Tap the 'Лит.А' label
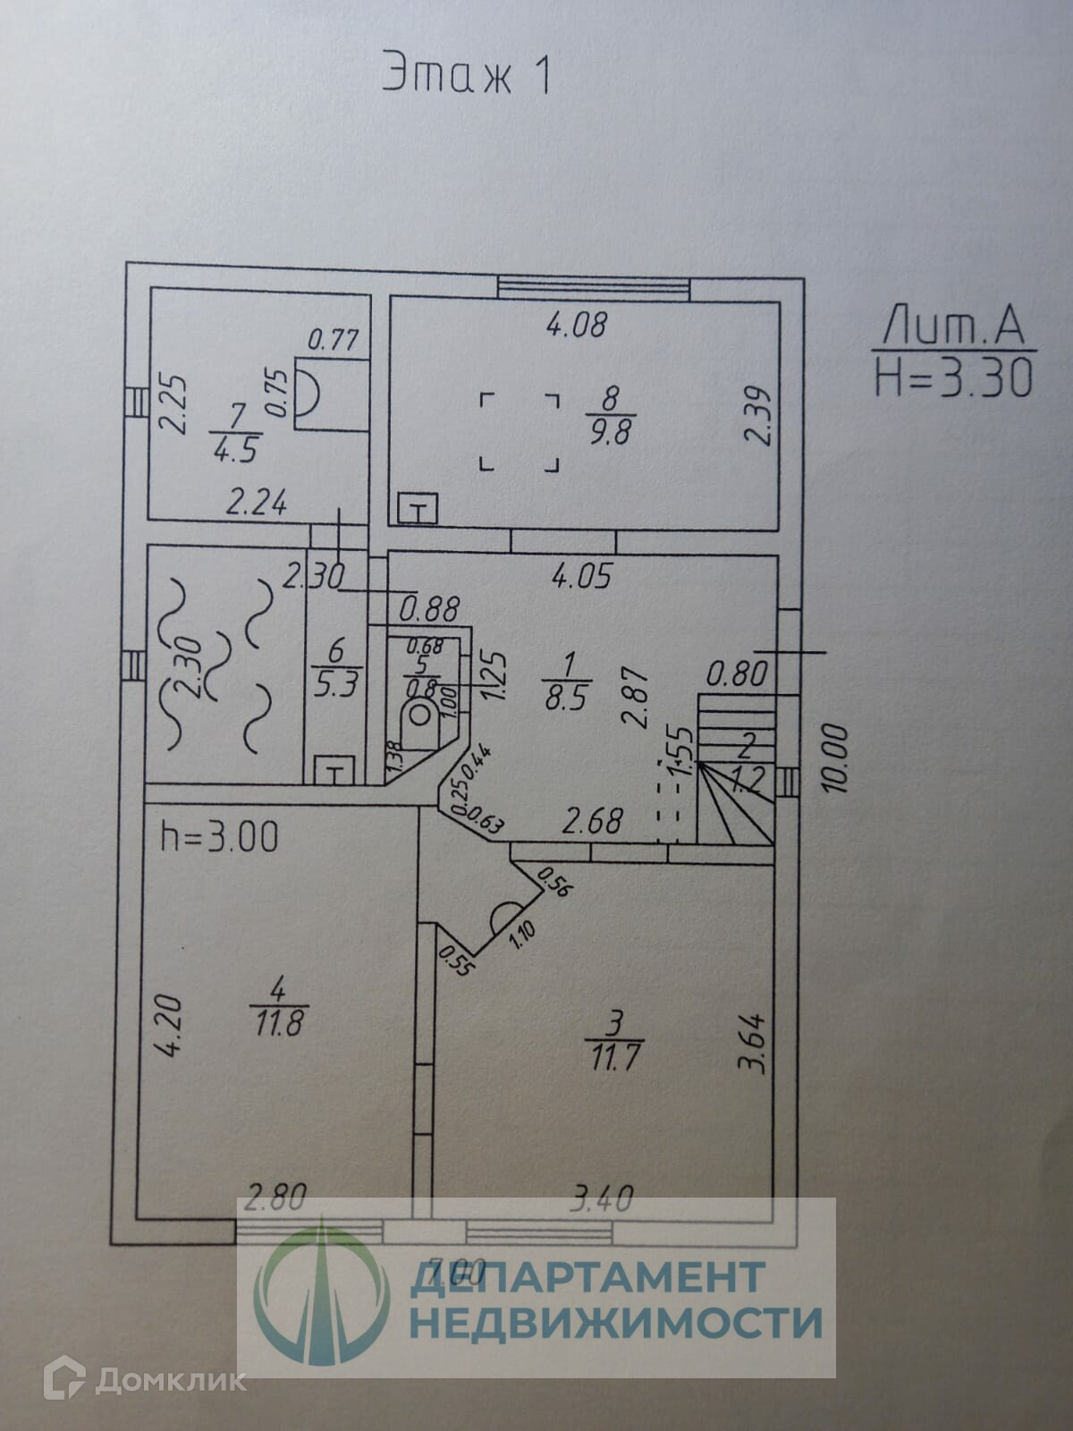click(952, 326)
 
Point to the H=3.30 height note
click(953, 376)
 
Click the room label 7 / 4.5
click(237, 432)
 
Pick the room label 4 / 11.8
click(278, 1006)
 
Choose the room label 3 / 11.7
click(612, 1041)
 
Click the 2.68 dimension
click(594, 819)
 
